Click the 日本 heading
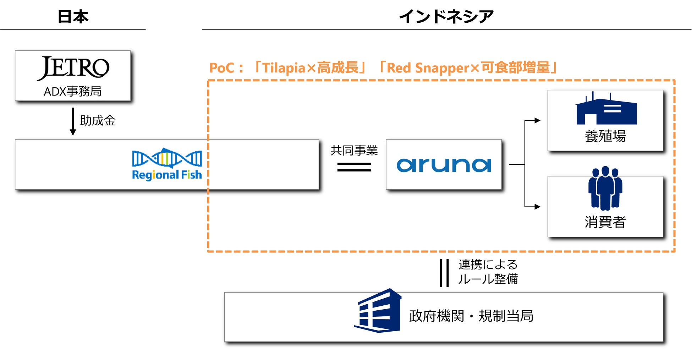point(73,17)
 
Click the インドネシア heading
point(446,17)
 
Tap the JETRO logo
point(73,68)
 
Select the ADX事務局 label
point(73,92)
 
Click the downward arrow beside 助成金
point(73,122)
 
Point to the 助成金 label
point(98,121)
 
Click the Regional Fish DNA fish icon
point(167,158)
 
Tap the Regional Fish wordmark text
point(167,175)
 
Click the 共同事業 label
point(354,151)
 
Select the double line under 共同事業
point(354,167)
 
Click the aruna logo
point(444,165)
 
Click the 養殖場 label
point(605,136)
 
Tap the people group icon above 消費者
point(605,188)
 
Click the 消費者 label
point(605,222)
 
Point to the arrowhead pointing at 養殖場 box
point(538,120)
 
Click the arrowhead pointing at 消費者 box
point(538,207)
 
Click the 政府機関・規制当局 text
point(471,316)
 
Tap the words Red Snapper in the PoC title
point(428,68)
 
